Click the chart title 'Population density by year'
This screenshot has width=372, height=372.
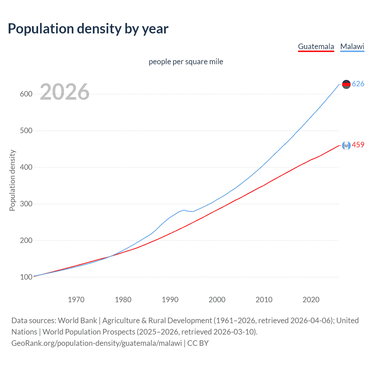pyautogui.click(x=88, y=29)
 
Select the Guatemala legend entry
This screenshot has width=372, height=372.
pyautogui.click(x=316, y=46)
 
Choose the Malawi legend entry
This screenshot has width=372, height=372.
pyautogui.click(x=352, y=46)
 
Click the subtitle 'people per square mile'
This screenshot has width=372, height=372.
pyautogui.click(x=186, y=62)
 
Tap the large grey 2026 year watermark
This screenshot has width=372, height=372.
pyautogui.click(x=65, y=92)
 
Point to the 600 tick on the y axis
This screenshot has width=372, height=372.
pyautogui.click(x=26, y=94)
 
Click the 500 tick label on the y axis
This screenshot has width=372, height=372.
pyautogui.click(x=26, y=131)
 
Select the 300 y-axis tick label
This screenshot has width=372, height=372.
pyautogui.click(x=26, y=204)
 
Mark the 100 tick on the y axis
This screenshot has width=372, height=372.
pyautogui.click(x=26, y=277)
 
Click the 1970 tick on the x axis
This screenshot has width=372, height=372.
pyautogui.click(x=76, y=300)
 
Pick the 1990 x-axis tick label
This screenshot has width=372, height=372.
pyautogui.click(x=170, y=300)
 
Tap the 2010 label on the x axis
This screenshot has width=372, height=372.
pyautogui.click(x=264, y=300)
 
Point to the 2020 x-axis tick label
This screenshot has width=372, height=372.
pyautogui.click(x=311, y=300)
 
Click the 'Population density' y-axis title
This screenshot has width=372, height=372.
pyautogui.click(x=12, y=180)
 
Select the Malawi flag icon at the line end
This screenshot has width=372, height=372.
pyautogui.click(x=346, y=84)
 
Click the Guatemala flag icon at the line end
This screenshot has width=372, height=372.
pyautogui.click(x=346, y=145)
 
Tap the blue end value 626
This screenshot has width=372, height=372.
pyautogui.click(x=358, y=84)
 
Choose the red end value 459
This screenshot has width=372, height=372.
pyautogui.click(x=358, y=145)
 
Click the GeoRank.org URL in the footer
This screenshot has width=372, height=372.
pyautogui.click(x=96, y=343)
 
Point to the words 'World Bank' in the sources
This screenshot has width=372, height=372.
pyautogui.click(x=77, y=321)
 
